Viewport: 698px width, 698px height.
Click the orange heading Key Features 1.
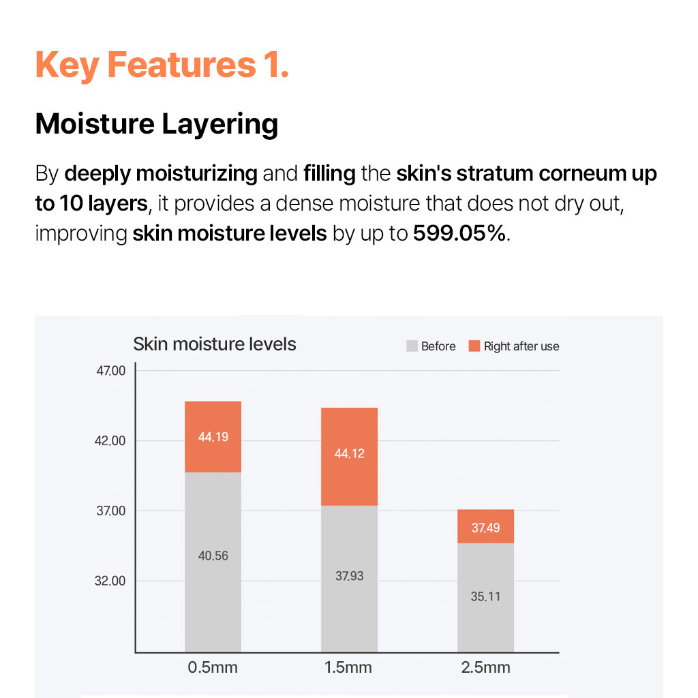click(162, 65)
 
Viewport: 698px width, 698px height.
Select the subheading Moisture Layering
click(157, 124)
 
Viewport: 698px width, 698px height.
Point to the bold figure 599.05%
click(459, 233)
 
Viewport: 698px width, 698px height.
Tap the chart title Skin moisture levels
click(215, 344)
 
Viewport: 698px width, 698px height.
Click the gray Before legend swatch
click(412, 346)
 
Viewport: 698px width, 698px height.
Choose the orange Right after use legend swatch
click(474, 346)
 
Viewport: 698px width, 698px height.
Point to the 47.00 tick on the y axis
click(111, 370)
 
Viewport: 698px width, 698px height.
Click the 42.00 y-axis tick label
click(110, 441)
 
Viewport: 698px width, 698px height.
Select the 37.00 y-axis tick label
click(111, 511)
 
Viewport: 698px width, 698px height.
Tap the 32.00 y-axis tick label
click(110, 581)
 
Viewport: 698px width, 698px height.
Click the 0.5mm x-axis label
click(213, 667)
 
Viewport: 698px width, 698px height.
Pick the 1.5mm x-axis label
click(348, 667)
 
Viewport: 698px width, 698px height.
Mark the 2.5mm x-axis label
click(485, 667)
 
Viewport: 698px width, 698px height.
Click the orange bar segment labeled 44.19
click(213, 437)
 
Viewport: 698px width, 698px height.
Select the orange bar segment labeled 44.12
click(350, 457)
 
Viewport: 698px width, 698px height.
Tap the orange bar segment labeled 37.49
click(485, 526)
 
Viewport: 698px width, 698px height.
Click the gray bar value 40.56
click(213, 556)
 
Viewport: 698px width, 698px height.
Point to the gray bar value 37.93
click(350, 576)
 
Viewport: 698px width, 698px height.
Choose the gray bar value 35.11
click(485, 596)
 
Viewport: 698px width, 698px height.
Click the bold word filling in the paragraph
click(329, 174)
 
